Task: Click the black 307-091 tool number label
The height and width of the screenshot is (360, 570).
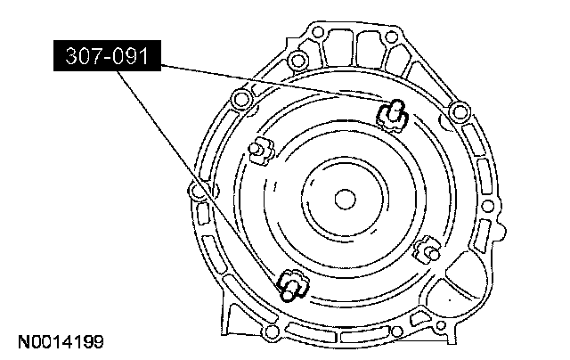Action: (107, 55)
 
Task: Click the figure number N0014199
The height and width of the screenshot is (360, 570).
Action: (61, 342)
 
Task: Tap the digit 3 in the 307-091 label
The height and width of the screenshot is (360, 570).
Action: (71, 56)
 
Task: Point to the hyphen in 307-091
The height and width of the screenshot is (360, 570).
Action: (106, 57)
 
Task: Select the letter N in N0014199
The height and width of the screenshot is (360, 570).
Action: (24, 342)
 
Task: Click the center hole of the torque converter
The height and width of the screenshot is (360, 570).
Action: (345, 200)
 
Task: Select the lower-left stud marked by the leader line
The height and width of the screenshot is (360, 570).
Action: (293, 285)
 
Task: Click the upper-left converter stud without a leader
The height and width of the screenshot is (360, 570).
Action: (261, 150)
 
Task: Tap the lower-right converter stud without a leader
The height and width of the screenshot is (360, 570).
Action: (427, 249)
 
